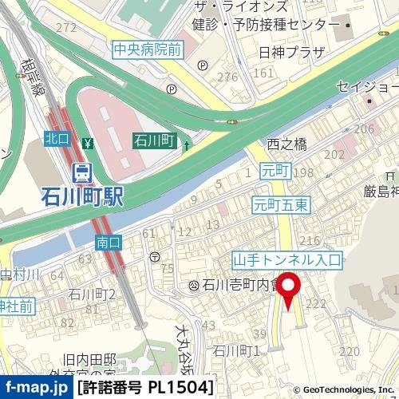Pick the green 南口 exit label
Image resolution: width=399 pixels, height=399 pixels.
[107, 241]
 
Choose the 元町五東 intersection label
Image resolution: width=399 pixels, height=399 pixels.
[279, 203]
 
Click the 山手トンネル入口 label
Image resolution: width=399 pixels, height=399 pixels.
[286, 259]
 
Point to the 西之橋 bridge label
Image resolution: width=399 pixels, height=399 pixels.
[286, 144]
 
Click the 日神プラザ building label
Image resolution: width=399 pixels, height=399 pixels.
[281, 53]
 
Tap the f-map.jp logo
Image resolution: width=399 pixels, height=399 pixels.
[37, 388]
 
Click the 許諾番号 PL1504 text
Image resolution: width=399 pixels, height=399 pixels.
[145, 388]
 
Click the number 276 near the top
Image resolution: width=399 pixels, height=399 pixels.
[229, 77]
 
